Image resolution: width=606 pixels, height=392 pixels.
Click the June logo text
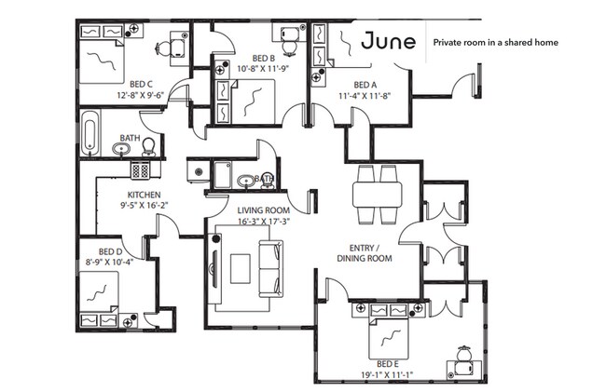389,41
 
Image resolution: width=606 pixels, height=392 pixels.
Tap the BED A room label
365,85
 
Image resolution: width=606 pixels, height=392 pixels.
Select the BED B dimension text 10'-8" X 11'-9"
263,69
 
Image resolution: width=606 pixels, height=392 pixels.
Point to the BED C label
141,84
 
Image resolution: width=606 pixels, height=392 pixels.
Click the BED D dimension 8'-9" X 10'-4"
110,262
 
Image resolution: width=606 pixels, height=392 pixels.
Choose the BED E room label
388,364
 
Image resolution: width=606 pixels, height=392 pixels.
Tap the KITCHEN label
144,195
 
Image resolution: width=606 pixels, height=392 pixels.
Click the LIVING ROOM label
263,210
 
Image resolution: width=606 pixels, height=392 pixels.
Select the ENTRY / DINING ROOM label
365,253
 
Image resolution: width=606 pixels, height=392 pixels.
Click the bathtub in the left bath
90,132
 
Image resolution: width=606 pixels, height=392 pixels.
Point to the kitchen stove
140,170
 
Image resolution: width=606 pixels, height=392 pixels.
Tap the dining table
378,195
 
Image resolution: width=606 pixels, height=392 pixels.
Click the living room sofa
270,268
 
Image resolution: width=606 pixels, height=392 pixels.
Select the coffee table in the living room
240,268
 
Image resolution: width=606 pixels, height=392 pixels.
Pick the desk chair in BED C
163,48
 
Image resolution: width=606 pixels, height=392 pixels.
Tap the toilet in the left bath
148,147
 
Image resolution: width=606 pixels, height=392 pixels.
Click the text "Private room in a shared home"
495,43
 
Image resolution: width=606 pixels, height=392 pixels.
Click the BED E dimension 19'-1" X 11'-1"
387,374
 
